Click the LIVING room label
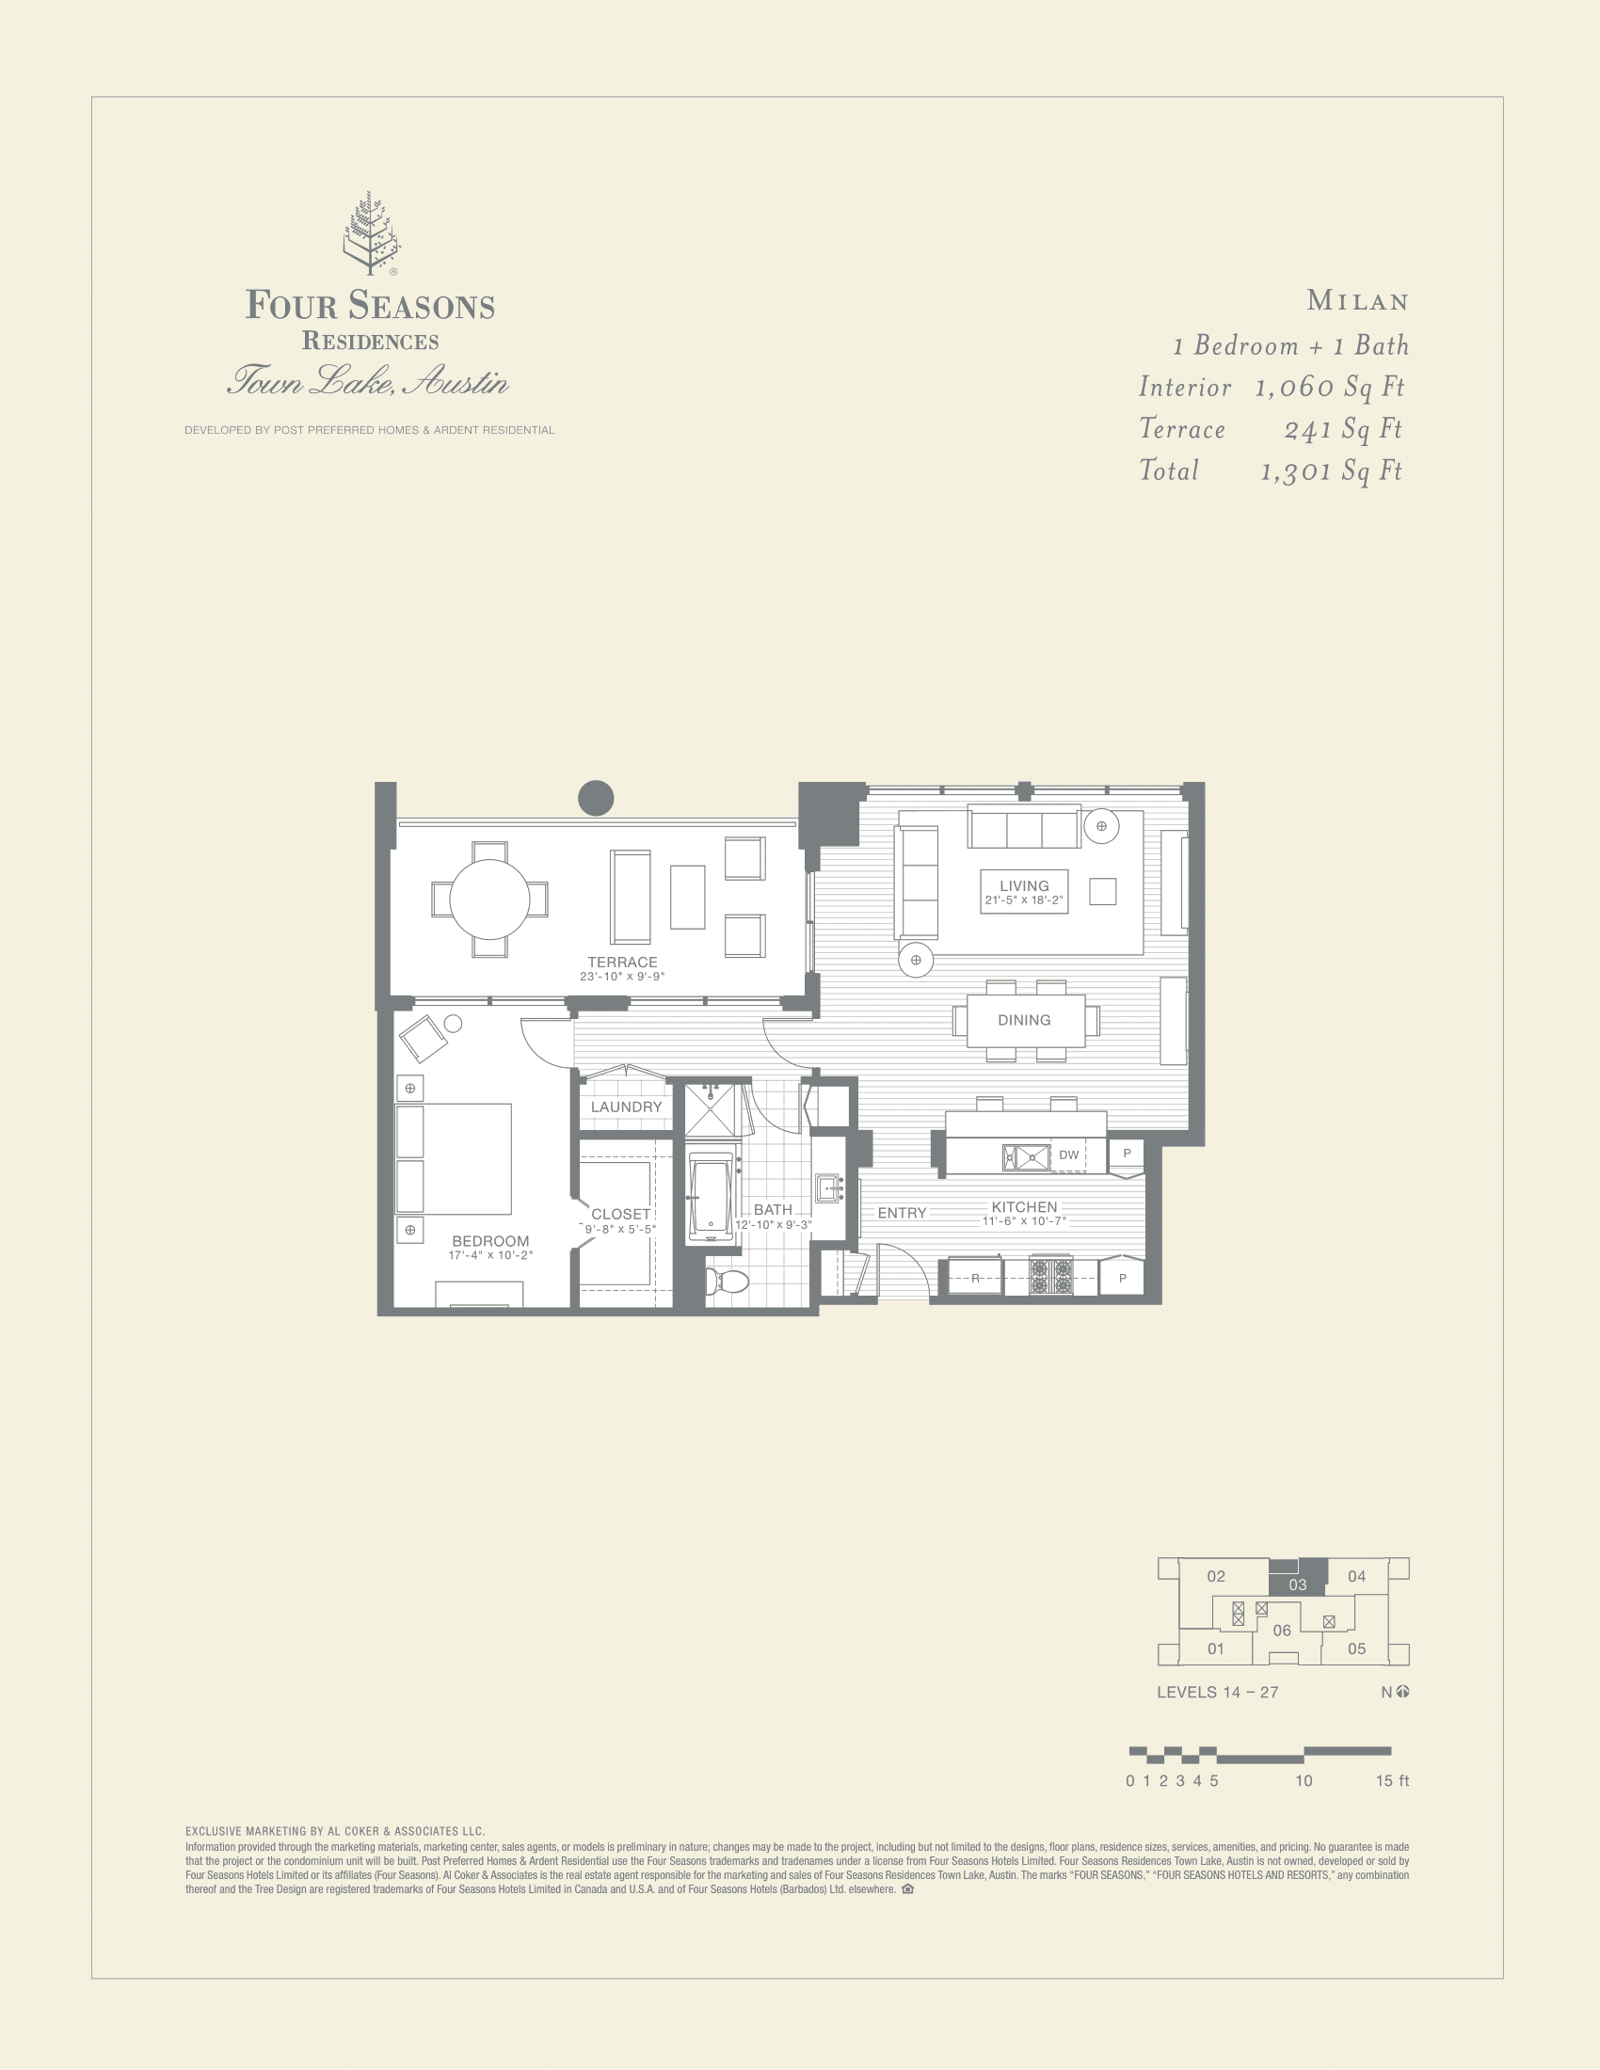pos(1024,885)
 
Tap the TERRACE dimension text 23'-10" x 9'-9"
pos(622,977)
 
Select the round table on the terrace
pos(489,899)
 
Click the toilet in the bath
pos(727,1282)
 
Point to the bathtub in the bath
pos(711,1196)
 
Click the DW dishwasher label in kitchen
pos(1068,1154)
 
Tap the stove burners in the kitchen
pos(1050,1277)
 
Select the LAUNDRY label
pos(626,1107)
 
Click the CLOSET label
pos(620,1214)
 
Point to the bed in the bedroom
pos(455,1158)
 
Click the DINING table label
pos(1024,1020)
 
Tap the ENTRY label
pos(902,1213)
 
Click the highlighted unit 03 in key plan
pos(1297,1584)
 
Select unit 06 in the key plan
pos(1282,1631)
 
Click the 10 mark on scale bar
pos(1304,1781)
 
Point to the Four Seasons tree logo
pos(371,233)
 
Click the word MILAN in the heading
pos(1357,301)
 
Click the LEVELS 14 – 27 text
pos(1217,1692)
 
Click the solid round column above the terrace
pos(595,797)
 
